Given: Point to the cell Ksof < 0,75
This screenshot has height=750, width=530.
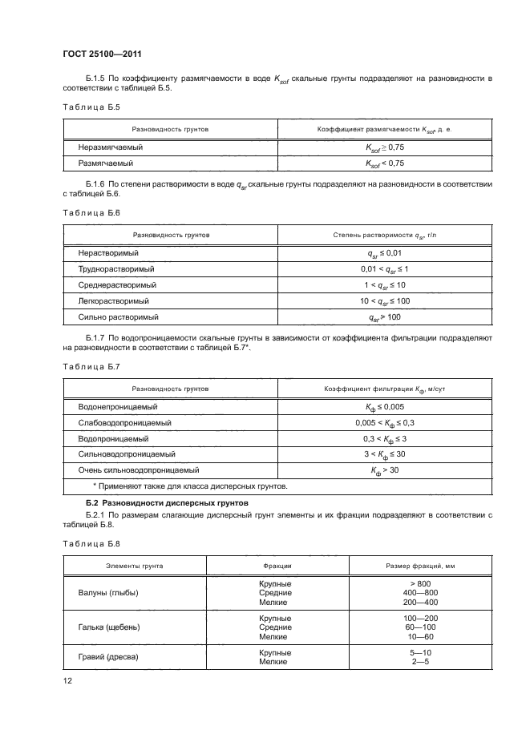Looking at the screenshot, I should pos(385,163).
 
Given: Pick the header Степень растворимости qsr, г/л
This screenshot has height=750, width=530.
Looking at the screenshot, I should pos(385,236).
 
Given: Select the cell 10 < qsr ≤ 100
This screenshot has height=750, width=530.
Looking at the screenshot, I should pos(385,301).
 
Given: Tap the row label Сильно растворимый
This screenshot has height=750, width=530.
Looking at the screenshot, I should pos(113,317).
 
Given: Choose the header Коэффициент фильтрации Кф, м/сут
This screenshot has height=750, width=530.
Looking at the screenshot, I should pos(385,389).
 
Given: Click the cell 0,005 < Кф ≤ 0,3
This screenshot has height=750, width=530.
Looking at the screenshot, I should pos(385,423).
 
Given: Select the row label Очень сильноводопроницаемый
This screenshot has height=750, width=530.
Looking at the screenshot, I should pos(139,470).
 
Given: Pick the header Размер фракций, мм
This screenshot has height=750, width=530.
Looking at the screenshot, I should pos(420,566).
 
